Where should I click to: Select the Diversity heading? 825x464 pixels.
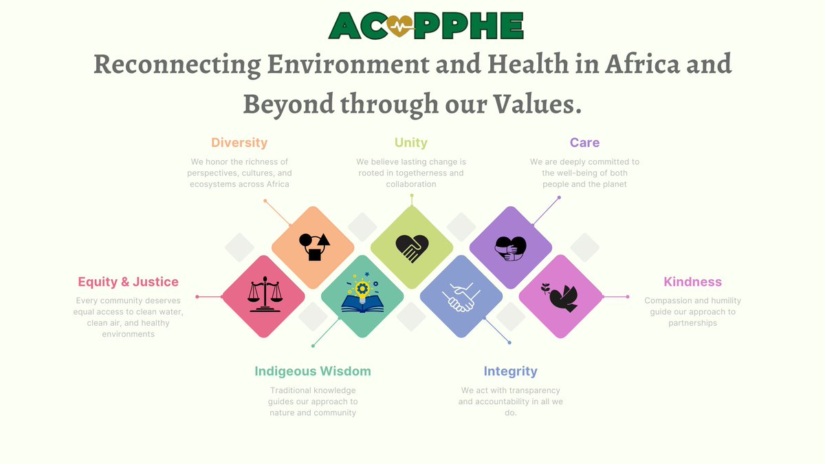[x=239, y=143]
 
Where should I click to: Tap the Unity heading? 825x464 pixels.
[x=411, y=143]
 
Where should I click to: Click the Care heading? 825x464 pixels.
[x=584, y=143]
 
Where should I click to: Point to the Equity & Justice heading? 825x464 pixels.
[x=128, y=282]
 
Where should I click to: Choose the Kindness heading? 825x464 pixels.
[x=692, y=282]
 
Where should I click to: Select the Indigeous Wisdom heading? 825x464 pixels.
[x=313, y=371]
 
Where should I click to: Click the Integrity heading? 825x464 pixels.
[x=510, y=371]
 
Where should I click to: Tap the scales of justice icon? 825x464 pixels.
[x=263, y=296]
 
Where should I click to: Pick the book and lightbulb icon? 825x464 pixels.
[x=362, y=296]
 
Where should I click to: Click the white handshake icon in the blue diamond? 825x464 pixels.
[x=461, y=297]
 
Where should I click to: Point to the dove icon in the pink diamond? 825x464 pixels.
[x=560, y=296]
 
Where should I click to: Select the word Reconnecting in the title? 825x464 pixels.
[x=176, y=65]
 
